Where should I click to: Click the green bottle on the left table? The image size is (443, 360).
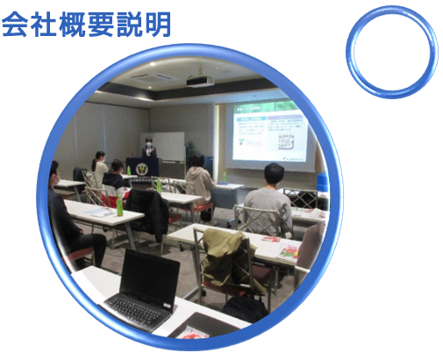tap(119, 205)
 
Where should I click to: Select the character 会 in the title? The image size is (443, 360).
tap(17, 25)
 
